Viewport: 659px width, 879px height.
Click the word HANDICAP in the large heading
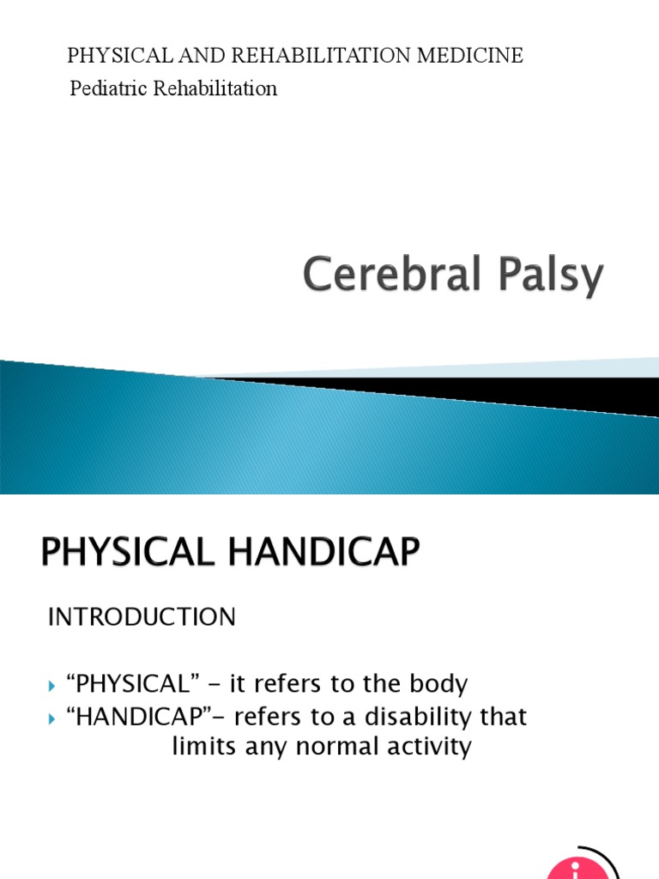click(323, 553)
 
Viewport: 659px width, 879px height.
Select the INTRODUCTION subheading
click(141, 617)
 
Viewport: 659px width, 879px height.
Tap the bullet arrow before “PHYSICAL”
click(52, 686)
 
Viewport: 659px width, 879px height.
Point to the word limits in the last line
click(203, 746)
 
